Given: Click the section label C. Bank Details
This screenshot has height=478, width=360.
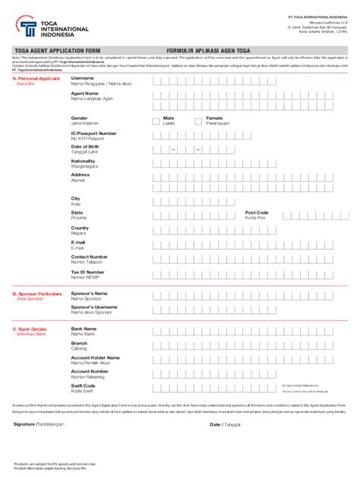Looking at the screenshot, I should tap(30, 329).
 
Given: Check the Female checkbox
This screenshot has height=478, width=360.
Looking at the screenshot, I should tap(200, 120).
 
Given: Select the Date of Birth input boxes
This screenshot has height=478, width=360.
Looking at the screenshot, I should tap(185, 149).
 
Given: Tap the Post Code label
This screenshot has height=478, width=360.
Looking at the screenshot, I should tap(257, 212).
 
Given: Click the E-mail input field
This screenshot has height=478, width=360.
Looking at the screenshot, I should tap(251, 244).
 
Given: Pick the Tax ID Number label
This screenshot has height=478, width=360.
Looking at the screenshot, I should tap(87, 271).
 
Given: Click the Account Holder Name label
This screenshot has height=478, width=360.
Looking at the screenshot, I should tap(95, 357).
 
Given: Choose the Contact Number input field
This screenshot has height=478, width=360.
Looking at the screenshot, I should tap(251, 259).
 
